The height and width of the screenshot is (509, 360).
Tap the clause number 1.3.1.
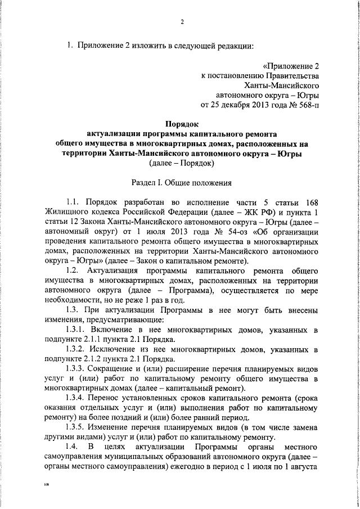point(76,330)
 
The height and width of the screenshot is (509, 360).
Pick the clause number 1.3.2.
point(76,349)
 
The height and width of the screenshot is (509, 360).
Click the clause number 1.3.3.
point(76,369)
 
